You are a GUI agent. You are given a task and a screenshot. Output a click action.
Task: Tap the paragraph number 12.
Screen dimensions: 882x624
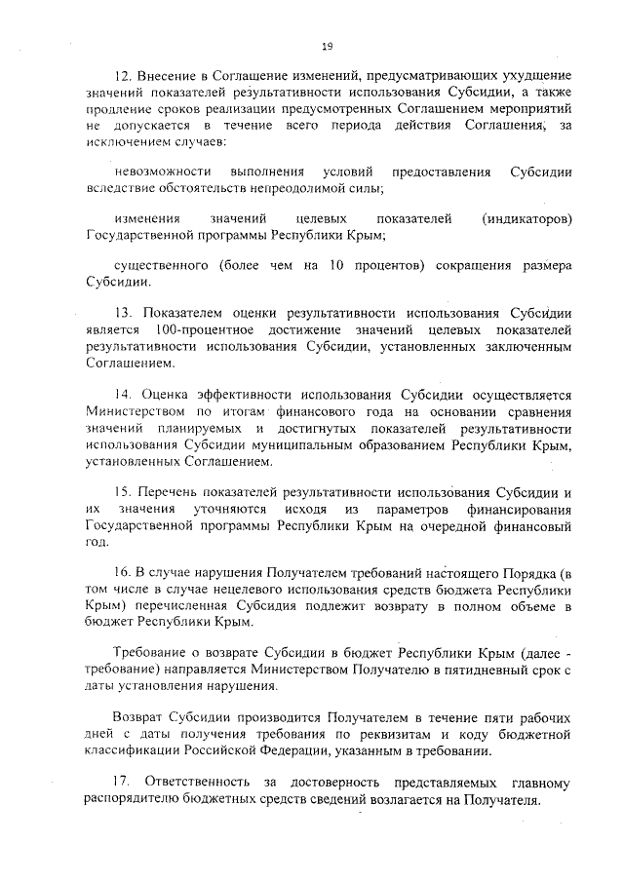point(122,76)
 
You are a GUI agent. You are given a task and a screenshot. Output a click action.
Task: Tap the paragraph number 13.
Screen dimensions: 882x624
point(122,314)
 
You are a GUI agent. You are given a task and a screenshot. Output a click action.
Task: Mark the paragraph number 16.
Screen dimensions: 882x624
point(122,571)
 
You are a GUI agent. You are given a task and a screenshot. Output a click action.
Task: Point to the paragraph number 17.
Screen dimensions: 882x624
point(123,785)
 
